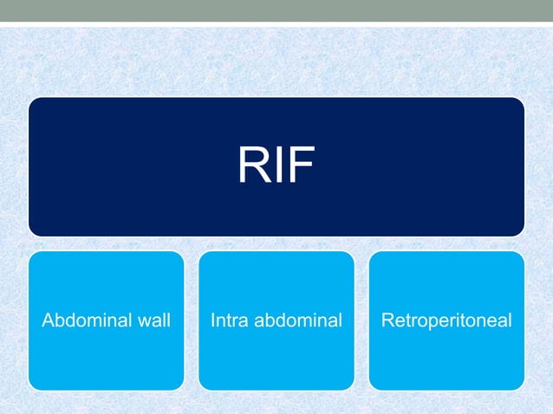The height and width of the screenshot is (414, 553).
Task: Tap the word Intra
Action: pos(227,322)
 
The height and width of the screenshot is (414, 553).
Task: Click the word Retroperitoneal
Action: pos(447,322)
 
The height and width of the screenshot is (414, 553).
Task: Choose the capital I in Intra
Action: pos(212,322)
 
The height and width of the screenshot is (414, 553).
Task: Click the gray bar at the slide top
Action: pos(276,10)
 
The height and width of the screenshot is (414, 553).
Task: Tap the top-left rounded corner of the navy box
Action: pos(32,101)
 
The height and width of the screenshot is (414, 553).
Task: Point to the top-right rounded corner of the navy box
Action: pos(520,101)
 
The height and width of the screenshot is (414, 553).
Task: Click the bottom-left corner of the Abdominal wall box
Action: pos(32,386)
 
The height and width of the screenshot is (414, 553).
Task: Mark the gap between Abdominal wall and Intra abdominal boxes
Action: pos(191,320)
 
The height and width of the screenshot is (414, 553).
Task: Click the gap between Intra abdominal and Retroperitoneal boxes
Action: pos(361,320)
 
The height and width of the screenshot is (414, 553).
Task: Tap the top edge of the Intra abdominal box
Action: pos(276,252)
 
